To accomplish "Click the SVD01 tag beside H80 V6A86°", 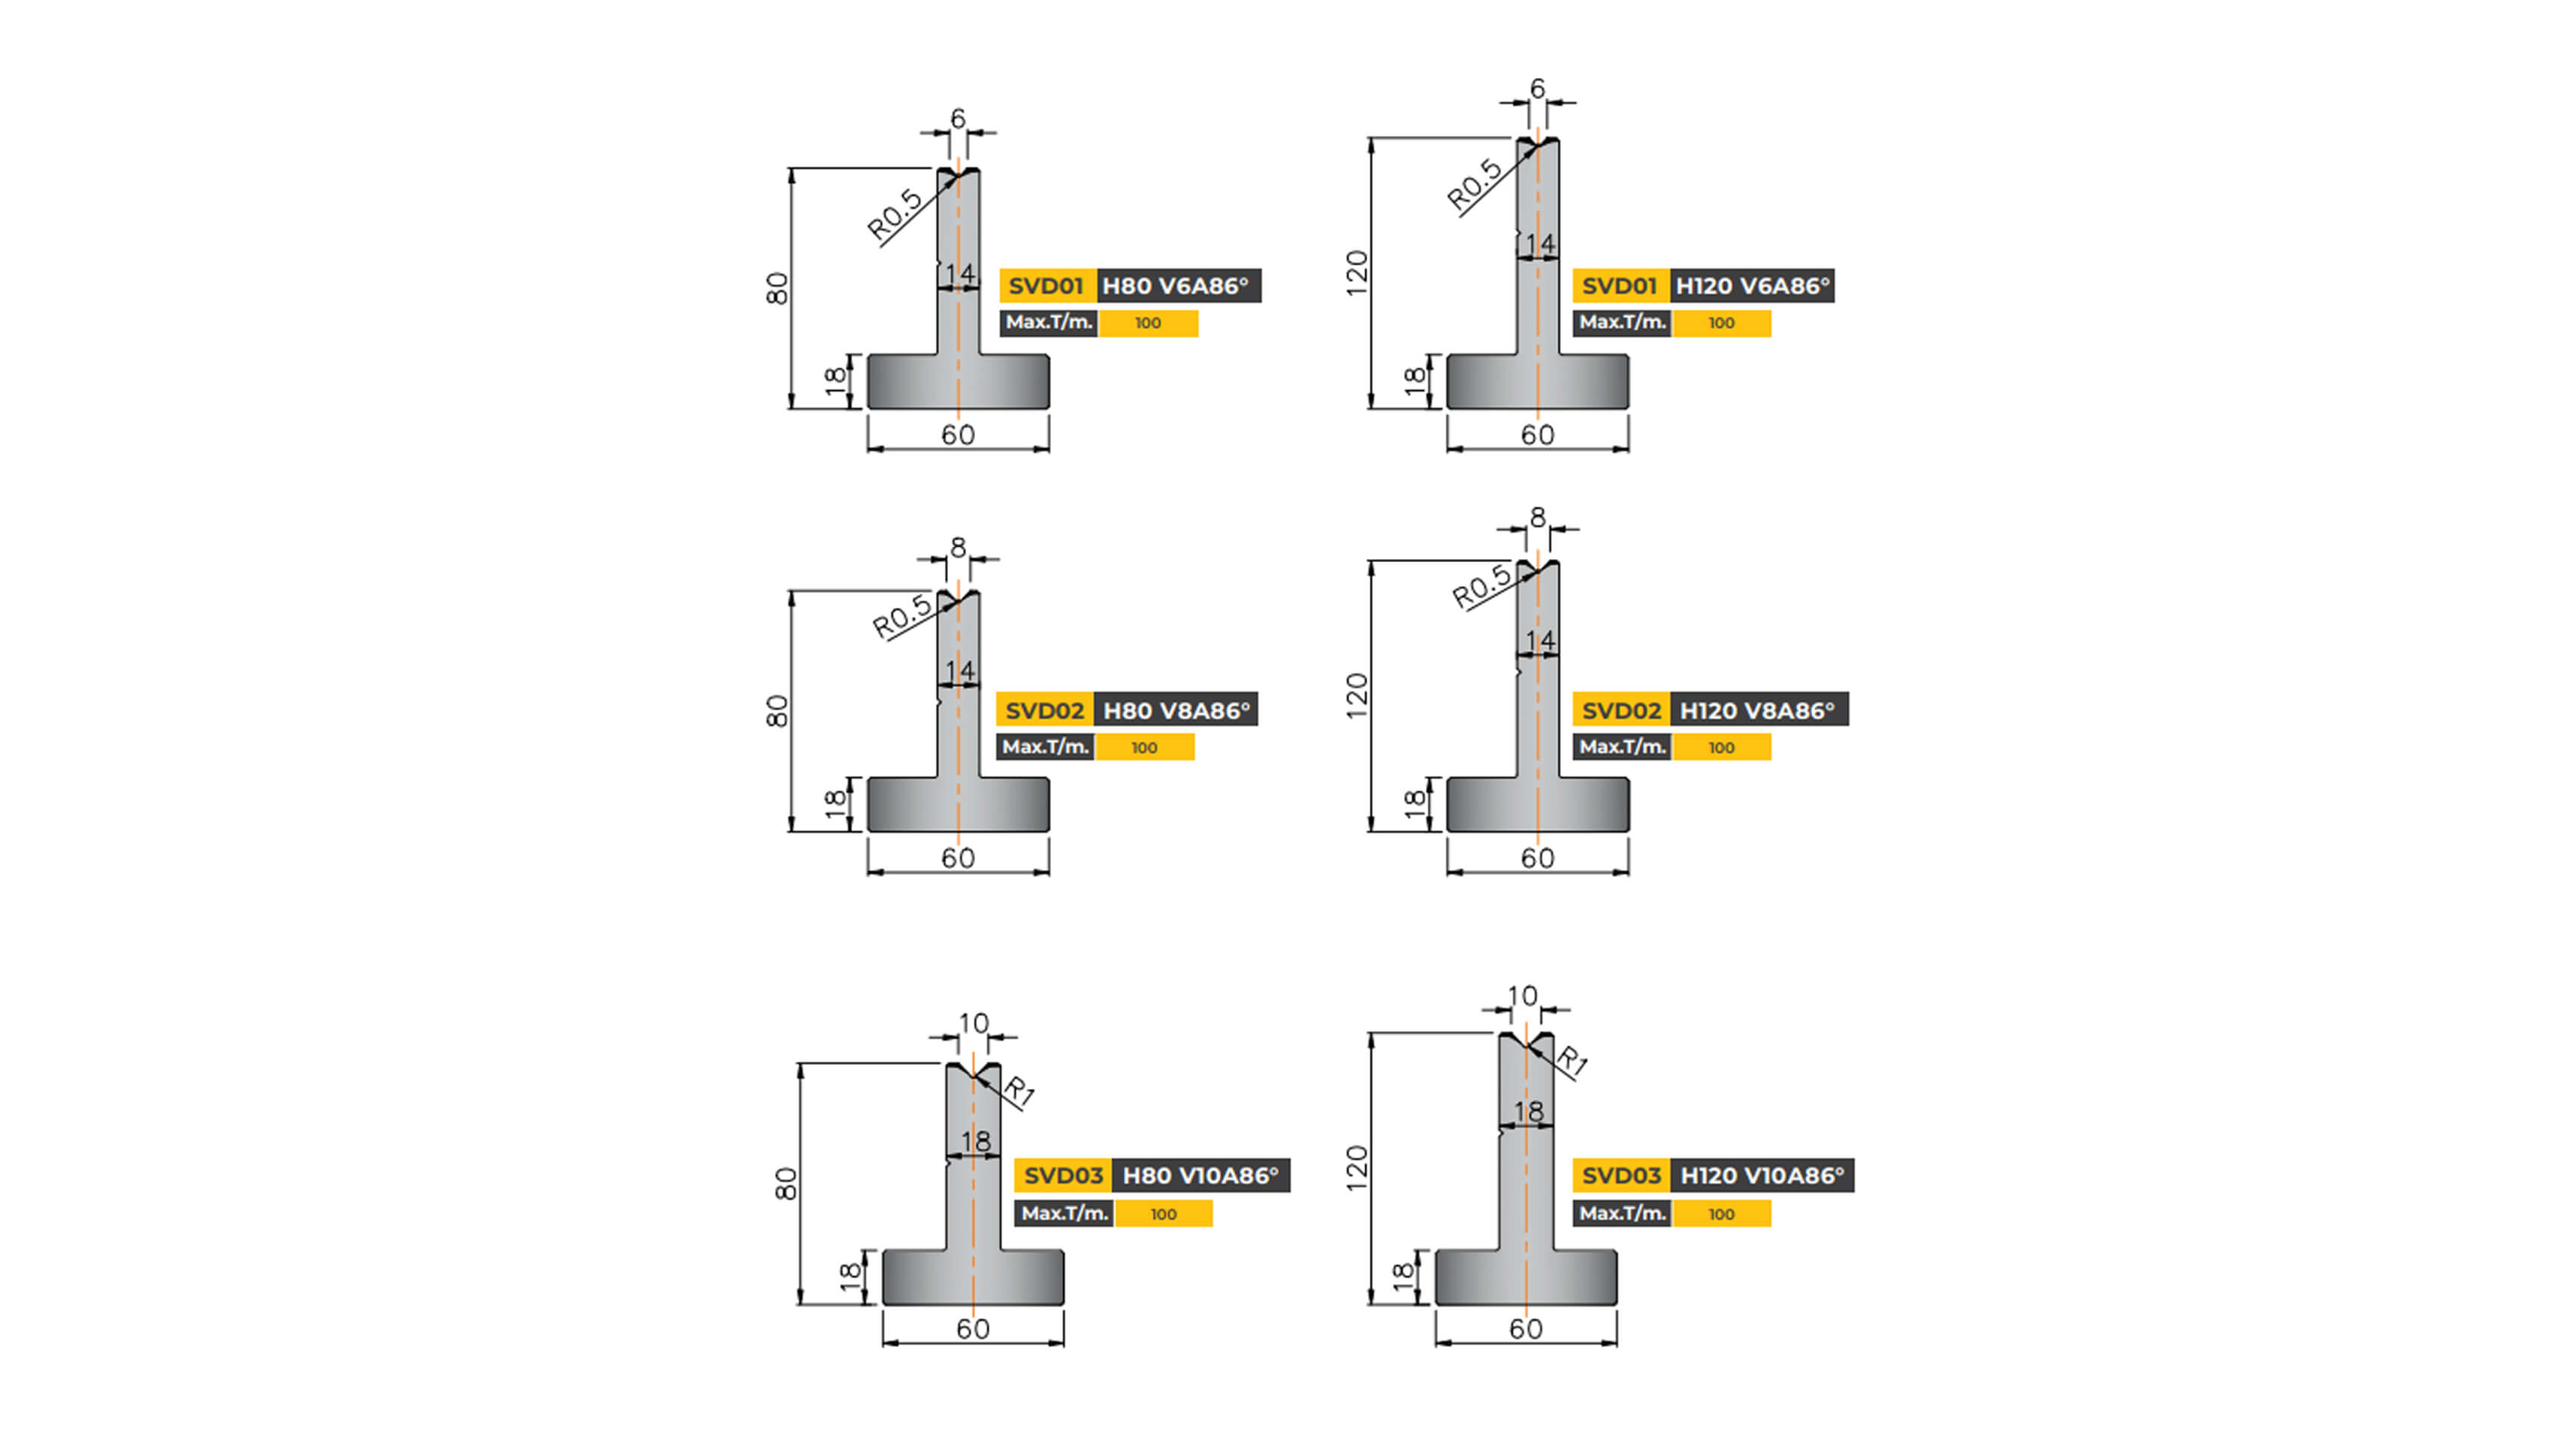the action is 1046,286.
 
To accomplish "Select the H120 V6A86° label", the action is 1752,286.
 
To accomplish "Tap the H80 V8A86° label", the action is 1176,710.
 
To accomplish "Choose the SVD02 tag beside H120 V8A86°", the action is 1620,710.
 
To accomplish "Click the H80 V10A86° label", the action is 1200,1175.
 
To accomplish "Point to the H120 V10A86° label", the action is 1762,1175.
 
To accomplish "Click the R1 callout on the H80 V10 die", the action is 1019,1091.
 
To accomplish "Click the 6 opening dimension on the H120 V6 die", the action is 1537,89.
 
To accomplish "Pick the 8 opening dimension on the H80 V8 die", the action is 957,547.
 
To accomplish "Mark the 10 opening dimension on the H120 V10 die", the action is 1522,996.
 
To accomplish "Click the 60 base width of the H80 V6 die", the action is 957,434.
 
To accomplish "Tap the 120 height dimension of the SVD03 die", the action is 1356,1169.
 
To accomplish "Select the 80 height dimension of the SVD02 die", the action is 777,711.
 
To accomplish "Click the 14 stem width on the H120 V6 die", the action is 1540,244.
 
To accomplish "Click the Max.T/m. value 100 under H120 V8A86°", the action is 1721,748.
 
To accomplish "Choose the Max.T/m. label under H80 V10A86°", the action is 1064,1213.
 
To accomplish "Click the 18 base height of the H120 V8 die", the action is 1414,803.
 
